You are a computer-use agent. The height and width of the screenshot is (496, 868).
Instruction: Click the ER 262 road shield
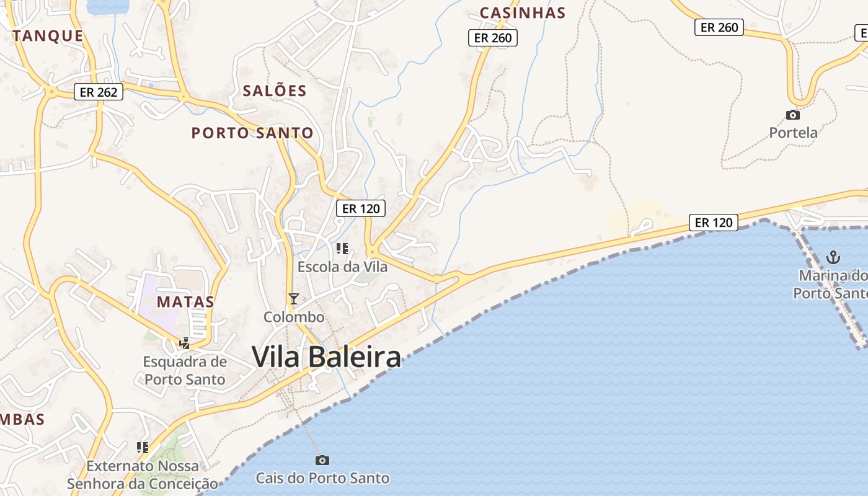(99, 92)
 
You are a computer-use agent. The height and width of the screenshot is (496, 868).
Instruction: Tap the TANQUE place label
(48, 36)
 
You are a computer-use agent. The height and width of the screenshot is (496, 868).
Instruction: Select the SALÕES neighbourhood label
(275, 91)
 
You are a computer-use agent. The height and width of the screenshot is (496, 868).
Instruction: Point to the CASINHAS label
(523, 13)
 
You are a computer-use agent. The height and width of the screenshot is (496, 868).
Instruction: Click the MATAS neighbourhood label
(185, 302)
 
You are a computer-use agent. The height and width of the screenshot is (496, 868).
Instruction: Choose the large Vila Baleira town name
(326, 357)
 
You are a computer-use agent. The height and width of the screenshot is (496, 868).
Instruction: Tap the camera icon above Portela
(792, 115)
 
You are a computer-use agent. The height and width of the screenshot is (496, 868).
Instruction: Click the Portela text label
(793, 133)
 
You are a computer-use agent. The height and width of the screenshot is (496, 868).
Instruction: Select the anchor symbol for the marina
(834, 257)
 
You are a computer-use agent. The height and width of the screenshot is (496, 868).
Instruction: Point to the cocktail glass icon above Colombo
(294, 299)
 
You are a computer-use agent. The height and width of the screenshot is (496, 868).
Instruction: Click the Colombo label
(294, 317)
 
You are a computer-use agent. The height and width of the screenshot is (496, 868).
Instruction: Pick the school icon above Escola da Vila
(342, 249)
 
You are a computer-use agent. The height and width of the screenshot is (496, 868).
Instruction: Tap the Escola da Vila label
(342, 267)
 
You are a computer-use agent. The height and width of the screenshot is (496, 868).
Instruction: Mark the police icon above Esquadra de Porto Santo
(184, 343)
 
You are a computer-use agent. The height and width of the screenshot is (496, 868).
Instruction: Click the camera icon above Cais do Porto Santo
(322, 460)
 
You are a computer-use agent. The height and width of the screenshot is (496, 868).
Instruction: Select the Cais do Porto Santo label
(322, 478)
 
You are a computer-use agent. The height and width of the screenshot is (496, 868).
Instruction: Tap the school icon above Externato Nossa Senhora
(143, 447)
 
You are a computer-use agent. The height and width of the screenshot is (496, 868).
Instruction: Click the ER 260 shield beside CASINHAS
(492, 38)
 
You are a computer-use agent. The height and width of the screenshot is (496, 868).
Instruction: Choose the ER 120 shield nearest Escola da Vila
(361, 208)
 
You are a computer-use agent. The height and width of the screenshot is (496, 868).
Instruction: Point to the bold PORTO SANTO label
(252, 133)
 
